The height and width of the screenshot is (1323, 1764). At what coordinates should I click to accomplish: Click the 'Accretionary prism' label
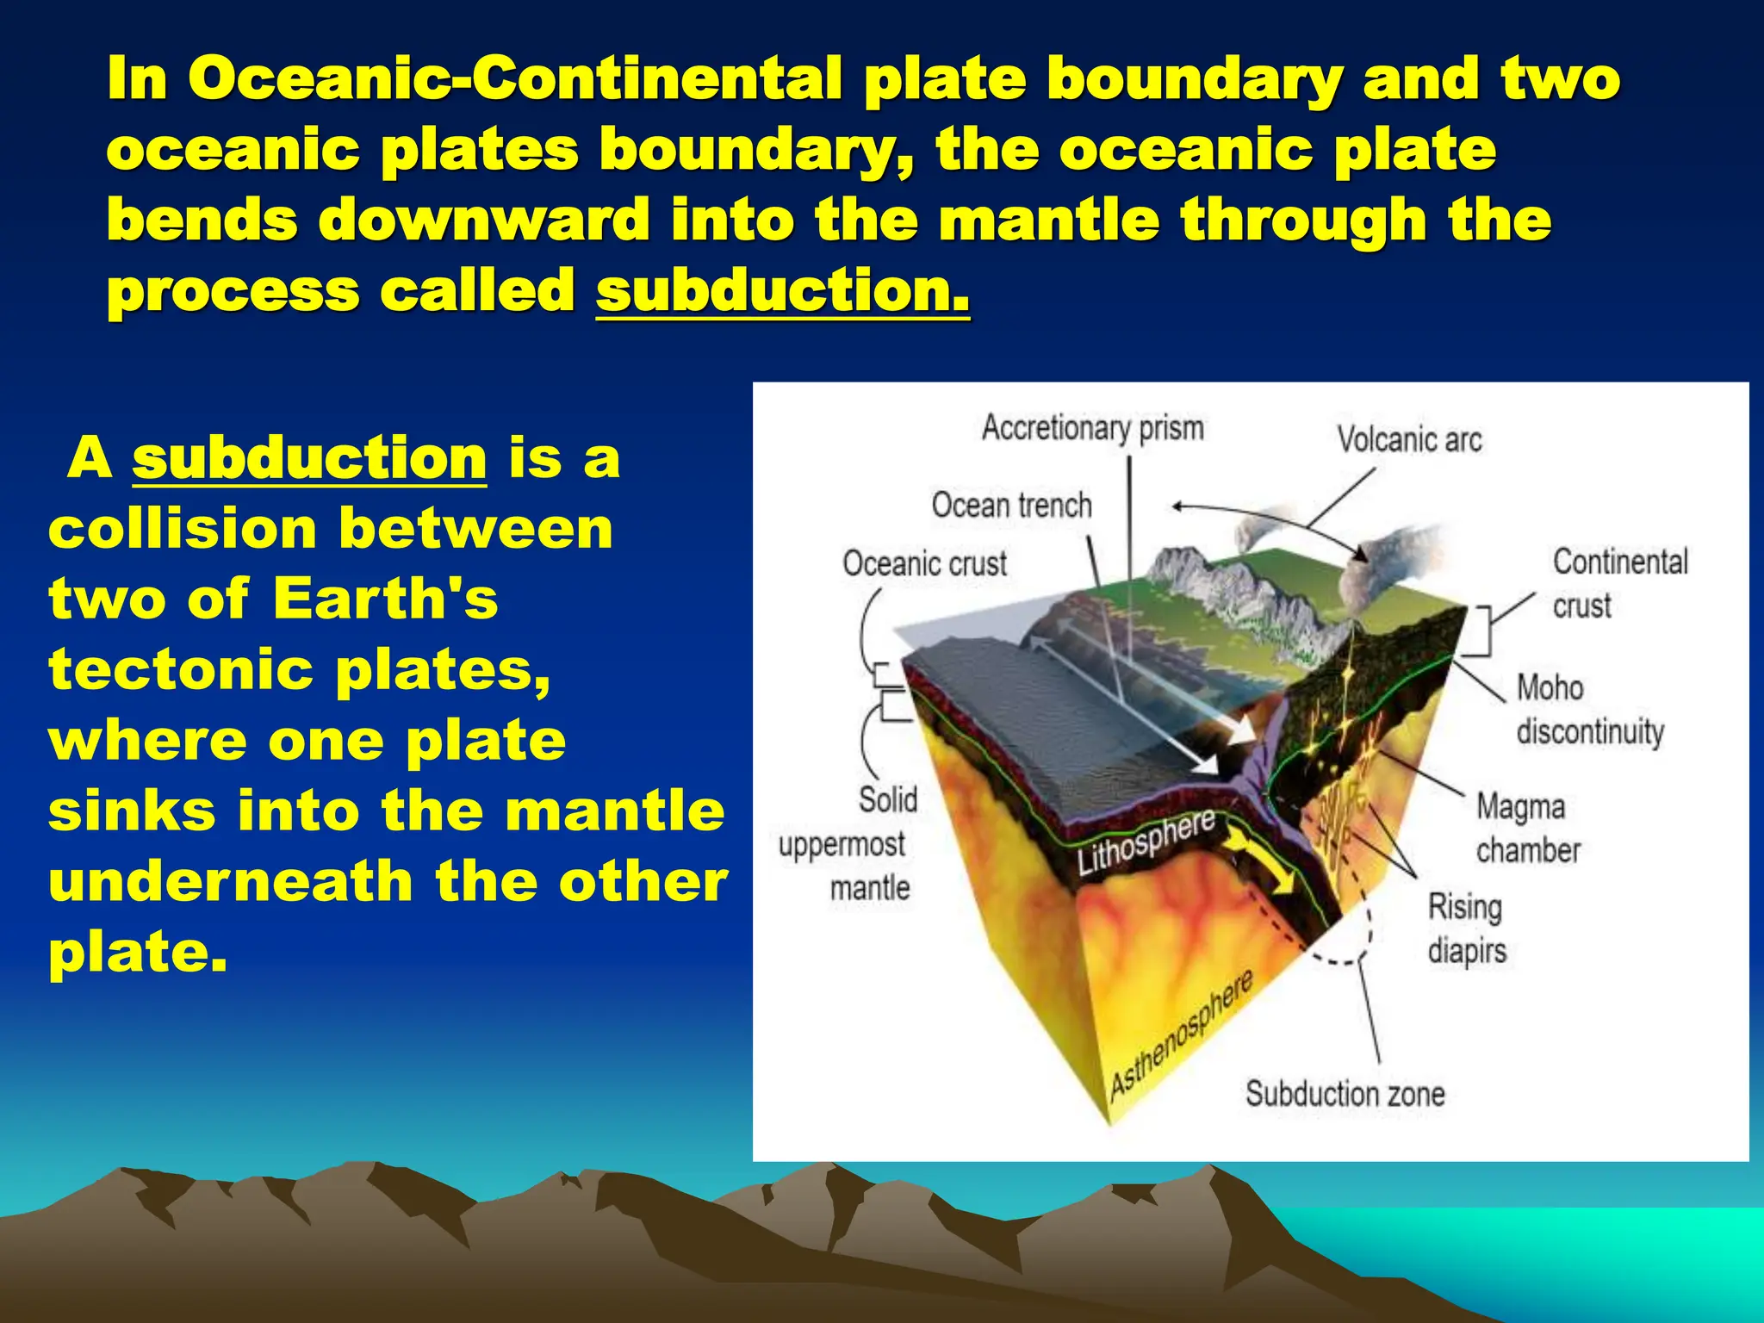1092,428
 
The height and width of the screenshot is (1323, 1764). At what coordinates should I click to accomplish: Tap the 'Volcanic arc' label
1409,440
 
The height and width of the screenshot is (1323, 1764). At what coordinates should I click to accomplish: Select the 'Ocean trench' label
1011,505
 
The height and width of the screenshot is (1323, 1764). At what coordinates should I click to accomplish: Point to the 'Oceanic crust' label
924,564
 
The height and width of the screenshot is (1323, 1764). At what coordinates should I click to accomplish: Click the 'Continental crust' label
1619,583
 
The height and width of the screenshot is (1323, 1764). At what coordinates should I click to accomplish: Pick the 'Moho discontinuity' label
1589,710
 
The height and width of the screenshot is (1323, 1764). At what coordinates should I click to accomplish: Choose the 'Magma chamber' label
1527,828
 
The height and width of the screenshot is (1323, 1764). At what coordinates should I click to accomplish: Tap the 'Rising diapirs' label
1466,929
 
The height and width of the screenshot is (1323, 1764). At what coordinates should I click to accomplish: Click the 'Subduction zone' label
1345,1094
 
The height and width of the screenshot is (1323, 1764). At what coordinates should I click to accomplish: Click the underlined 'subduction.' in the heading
782,290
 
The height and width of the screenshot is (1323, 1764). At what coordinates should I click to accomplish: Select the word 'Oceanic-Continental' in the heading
514,78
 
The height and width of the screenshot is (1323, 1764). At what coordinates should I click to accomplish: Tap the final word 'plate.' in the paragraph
138,953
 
